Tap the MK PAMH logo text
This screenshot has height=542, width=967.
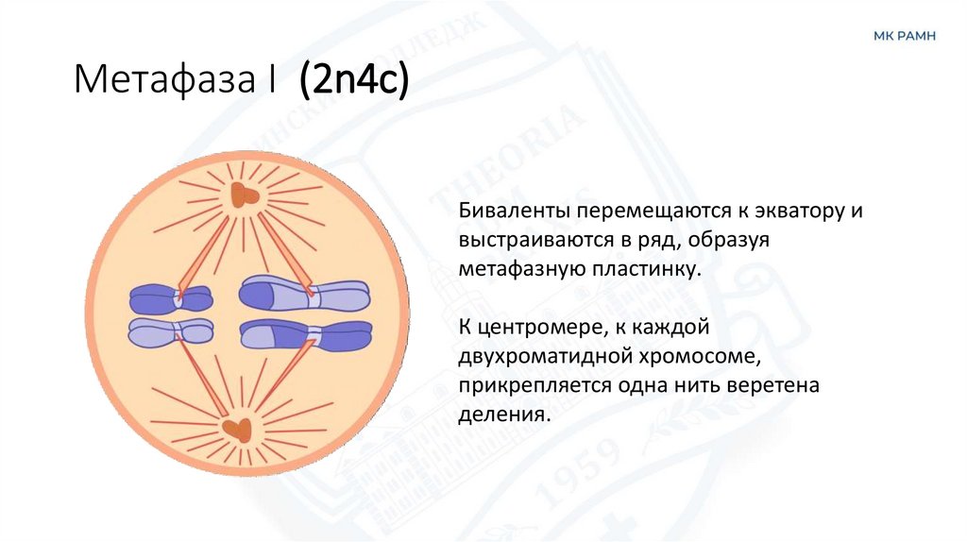click(904, 36)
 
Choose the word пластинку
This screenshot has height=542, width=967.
click(651, 269)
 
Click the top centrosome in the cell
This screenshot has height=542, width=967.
click(243, 195)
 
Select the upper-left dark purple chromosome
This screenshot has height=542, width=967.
click(171, 299)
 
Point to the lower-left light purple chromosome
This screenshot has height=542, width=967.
click(171, 331)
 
